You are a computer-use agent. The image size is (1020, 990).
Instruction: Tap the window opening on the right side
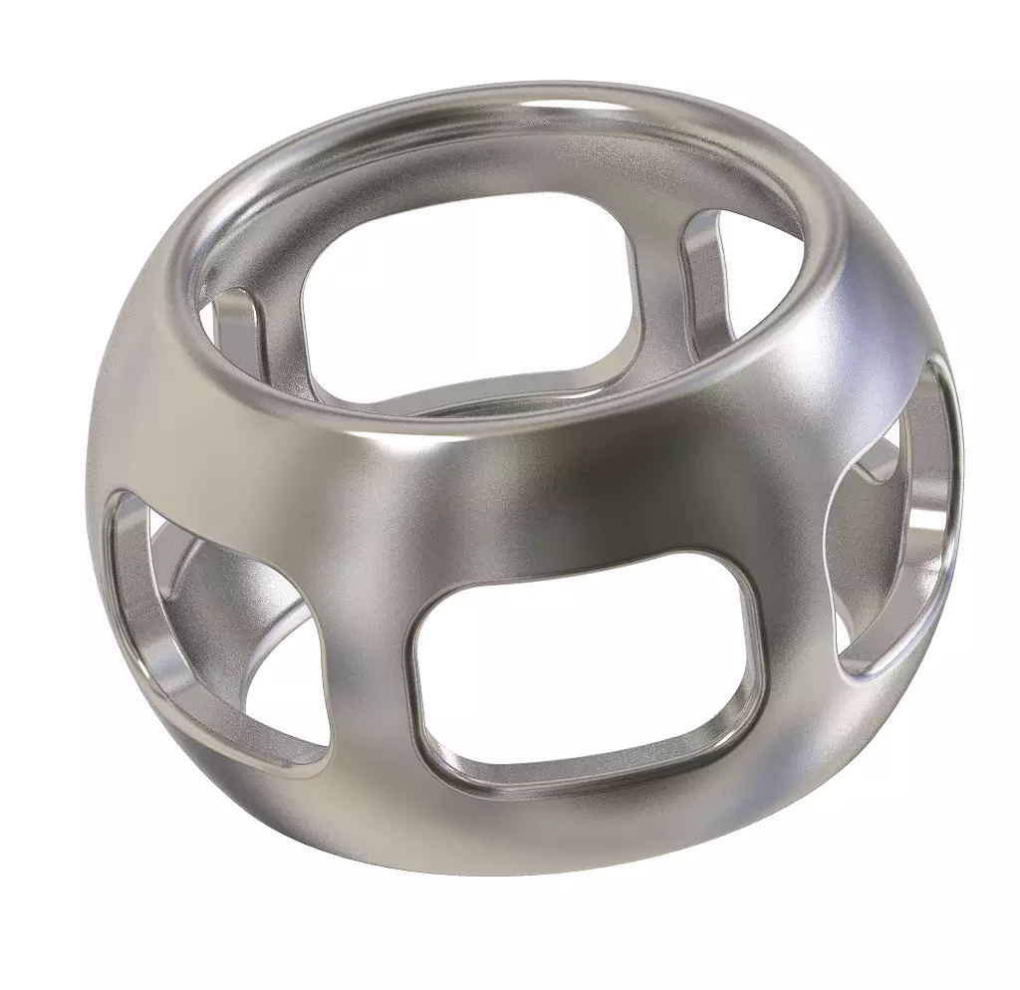(x=896, y=528)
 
